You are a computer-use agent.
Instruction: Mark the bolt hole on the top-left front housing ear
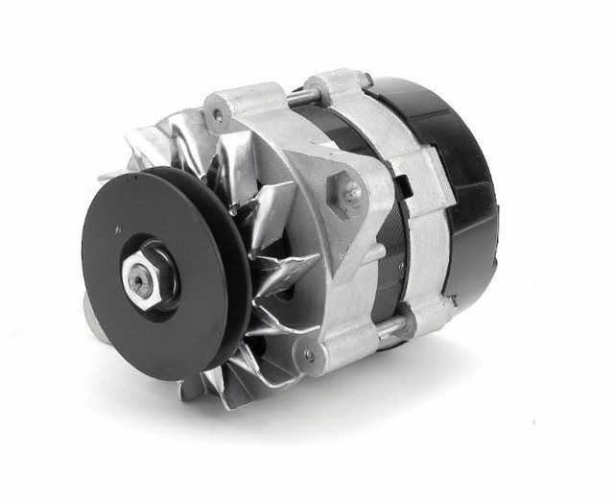coord(218,115)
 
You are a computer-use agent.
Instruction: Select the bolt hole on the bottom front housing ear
coord(308,357)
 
